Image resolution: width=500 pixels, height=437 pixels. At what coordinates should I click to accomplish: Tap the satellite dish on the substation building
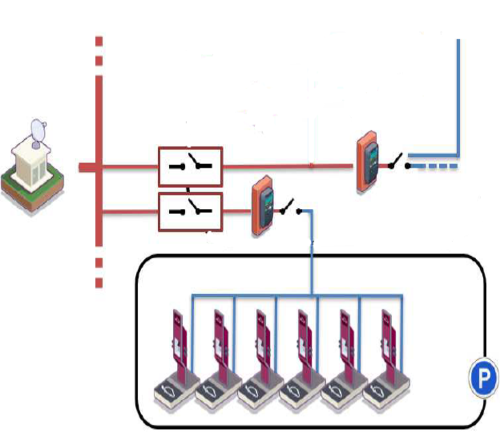pyautogui.click(x=38, y=131)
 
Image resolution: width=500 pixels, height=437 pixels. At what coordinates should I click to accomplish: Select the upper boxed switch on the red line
pyautogui.click(x=190, y=167)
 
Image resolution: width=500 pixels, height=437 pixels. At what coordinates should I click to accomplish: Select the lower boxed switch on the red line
pyautogui.click(x=190, y=211)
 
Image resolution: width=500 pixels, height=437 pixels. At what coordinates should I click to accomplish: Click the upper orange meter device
pyautogui.click(x=367, y=160)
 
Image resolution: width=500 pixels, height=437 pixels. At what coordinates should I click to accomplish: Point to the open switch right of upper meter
pyautogui.click(x=398, y=162)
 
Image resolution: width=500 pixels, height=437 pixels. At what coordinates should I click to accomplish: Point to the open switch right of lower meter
pyautogui.click(x=290, y=208)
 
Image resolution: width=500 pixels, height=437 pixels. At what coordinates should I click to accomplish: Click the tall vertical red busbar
pyautogui.click(x=99, y=160)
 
